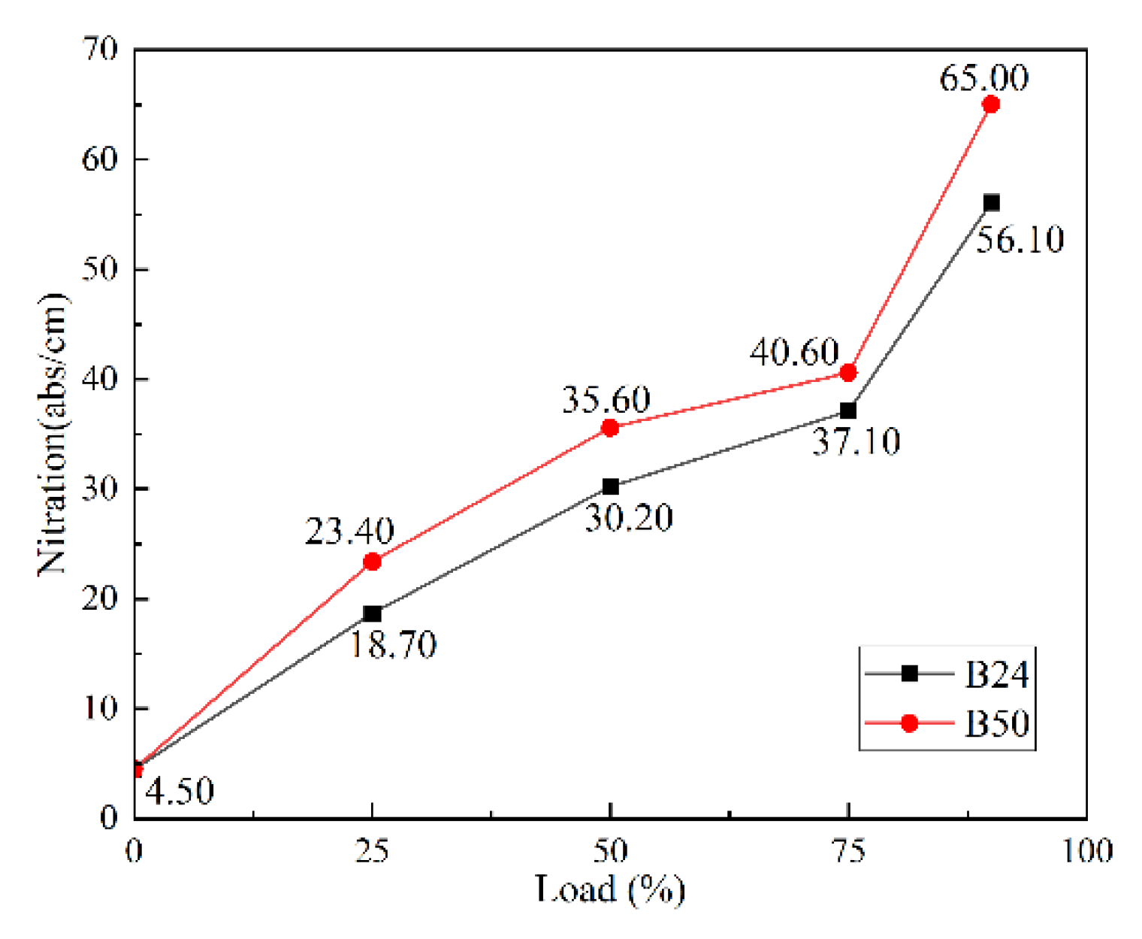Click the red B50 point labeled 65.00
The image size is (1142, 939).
click(991, 104)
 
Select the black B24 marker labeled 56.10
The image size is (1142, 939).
click(991, 202)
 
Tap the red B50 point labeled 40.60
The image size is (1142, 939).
click(848, 372)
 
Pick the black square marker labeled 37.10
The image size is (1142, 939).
click(848, 410)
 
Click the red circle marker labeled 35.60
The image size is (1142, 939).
click(610, 428)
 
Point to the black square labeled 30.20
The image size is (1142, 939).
click(610, 486)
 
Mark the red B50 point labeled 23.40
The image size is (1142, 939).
click(372, 562)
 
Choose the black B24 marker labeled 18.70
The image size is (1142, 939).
click(372, 613)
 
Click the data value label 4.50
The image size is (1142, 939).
click(179, 791)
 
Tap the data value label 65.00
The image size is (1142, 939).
click(983, 77)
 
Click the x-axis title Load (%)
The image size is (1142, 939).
click(609, 889)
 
